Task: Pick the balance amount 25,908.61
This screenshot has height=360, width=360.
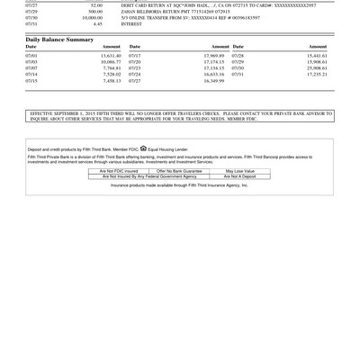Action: pos(317,67)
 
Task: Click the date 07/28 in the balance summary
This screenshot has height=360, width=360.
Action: pos(238,55)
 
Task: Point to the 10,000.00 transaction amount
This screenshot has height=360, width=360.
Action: pos(92,17)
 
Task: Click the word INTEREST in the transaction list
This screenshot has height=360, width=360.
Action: pos(131,24)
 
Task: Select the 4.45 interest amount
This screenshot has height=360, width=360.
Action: pos(97,24)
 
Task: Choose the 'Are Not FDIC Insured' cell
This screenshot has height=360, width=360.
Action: pos(119,170)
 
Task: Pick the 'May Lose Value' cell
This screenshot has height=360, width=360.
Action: pos(240,170)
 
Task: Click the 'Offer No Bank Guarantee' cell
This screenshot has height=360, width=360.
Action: pos(180,170)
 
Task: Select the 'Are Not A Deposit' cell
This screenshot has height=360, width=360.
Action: pos(240,176)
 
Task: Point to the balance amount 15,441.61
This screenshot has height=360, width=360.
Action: pos(317,55)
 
